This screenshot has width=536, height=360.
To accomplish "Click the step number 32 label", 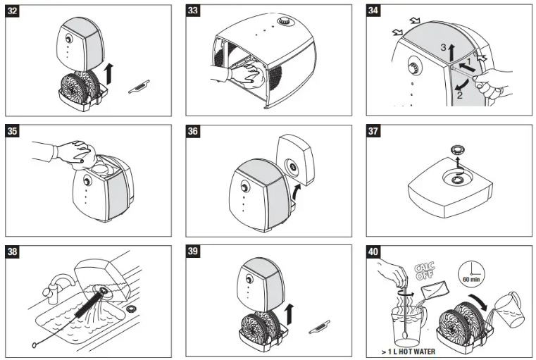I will (13, 12).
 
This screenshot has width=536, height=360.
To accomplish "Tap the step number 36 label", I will (194, 132).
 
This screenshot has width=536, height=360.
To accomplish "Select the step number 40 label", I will (375, 252).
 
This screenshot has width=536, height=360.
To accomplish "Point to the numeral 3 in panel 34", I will (444, 47).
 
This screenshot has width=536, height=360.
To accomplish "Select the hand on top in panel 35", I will (74, 150).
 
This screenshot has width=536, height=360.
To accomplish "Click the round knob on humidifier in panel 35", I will (87, 181).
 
